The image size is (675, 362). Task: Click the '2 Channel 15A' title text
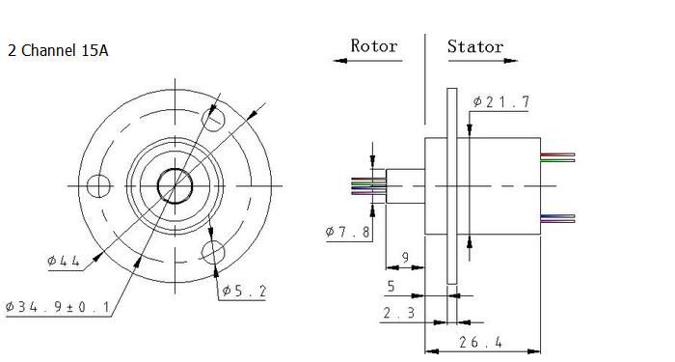coord(58,51)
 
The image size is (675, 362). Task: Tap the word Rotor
coord(374,45)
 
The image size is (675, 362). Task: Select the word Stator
coord(475,46)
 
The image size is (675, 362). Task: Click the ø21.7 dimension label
coord(501,101)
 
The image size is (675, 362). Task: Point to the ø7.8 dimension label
coord(348,232)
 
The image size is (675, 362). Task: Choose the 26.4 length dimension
coord(480,342)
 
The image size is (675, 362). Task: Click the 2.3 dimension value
coord(399,313)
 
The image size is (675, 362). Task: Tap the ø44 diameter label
coord(64,261)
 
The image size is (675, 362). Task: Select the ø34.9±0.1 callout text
coord(58,307)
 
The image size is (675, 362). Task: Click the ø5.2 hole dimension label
coord(244,292)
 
